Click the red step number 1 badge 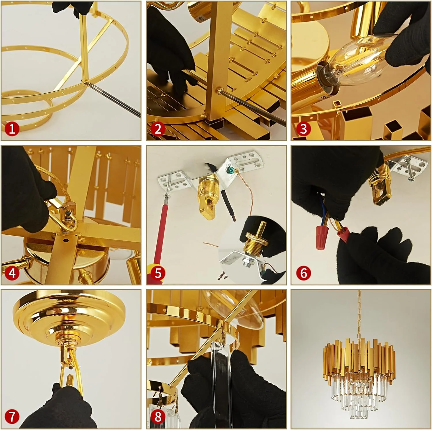[12, 128]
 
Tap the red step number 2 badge [158, 128]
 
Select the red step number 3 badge [303, 128]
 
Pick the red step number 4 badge [12, 272]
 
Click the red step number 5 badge [158, 272]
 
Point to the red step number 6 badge [303, 272]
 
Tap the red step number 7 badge [12, 416]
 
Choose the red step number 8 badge [158, 416]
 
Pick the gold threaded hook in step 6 [380, 184]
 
